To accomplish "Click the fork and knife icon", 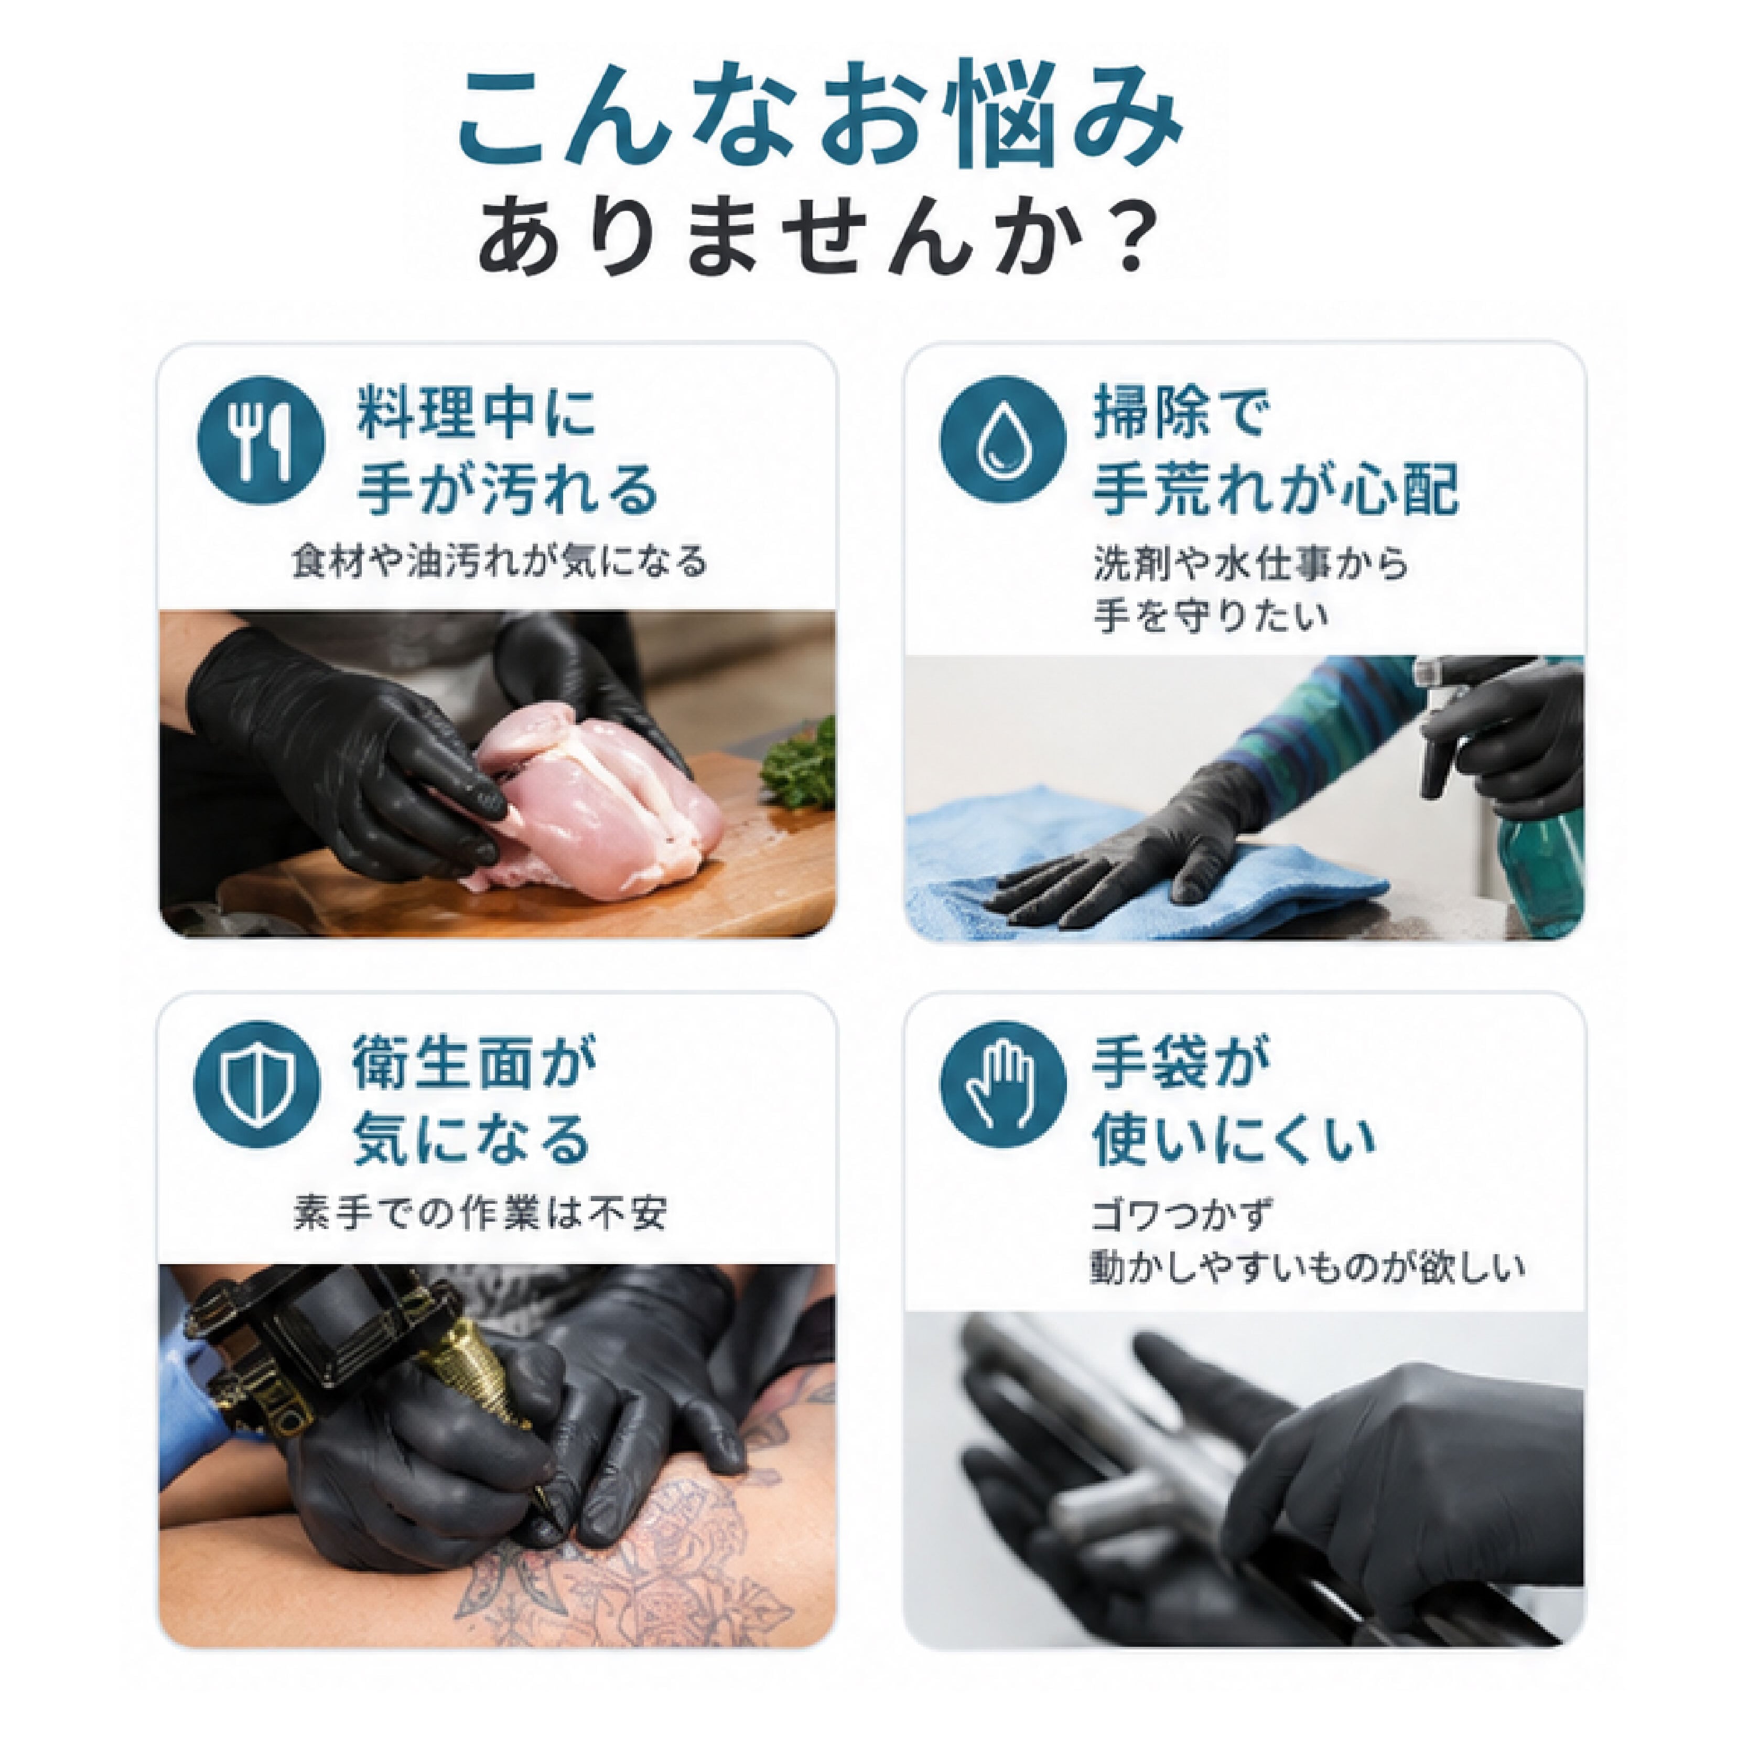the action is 261,440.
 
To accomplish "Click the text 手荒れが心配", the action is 1276,490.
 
